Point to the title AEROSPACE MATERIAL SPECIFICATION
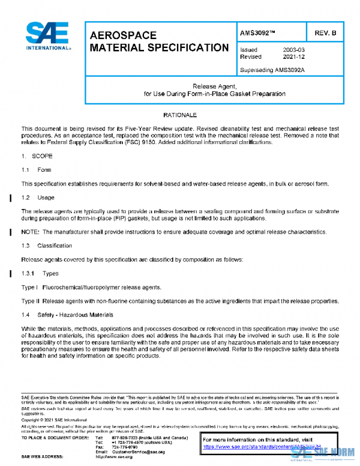pos(158,41)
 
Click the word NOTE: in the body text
pos(31,232)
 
